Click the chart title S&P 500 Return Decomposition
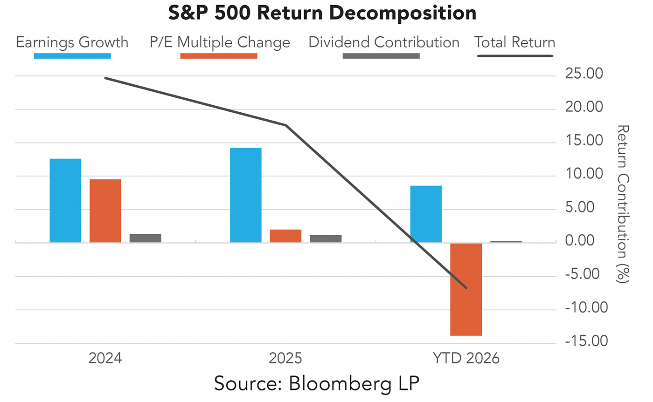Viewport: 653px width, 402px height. click(322, 14)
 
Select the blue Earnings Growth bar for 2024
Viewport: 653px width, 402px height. click(65, 201)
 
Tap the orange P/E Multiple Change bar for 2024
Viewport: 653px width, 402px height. click(105, 211)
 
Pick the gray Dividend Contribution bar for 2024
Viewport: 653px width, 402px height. click(146, 238)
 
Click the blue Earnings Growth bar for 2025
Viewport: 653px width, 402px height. click(246, 195)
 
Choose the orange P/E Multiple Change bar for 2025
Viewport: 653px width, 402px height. click(285, 236)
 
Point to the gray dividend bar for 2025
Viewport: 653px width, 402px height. click(326, 238)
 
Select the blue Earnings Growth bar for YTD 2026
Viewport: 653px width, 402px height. click(426, 214)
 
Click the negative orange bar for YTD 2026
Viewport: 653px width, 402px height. click(466, 289)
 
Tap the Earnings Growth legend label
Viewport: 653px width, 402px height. click(72, 42)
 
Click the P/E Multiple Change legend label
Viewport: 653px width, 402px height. click(220, 42)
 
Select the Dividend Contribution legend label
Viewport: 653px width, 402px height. click(384, 42)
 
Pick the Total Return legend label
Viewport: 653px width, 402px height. click(515, 42)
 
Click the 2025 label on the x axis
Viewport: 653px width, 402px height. click(286, 359)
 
